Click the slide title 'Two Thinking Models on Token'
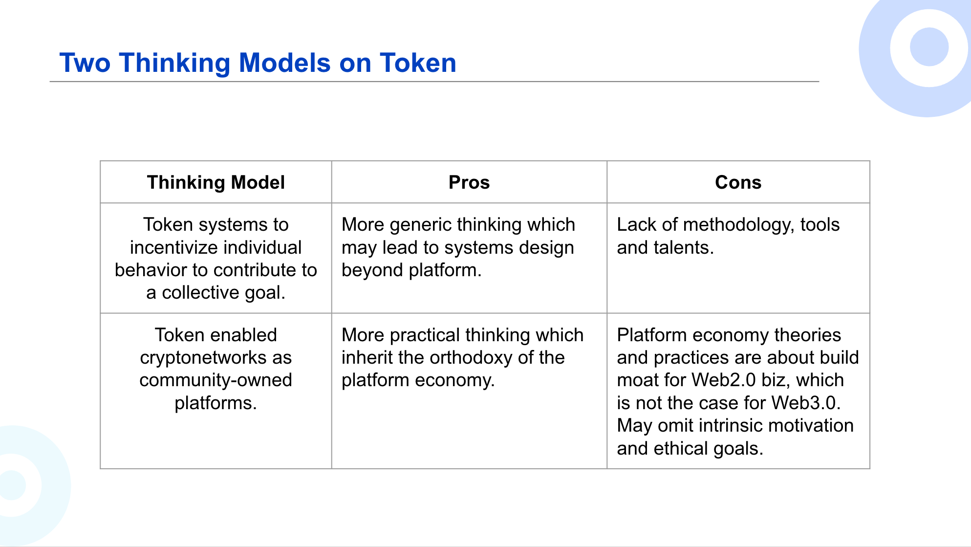pyautogui.click(x=258, y=63)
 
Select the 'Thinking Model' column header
pyautogui.click(x=216, y=182)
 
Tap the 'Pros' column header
pyautogui.click(x=469, y=182)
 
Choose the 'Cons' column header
pyautogui.click(x=738, y=182)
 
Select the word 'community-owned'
pyautogui.click(x=216, y=380)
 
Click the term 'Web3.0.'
pyautogui.click(x=806, y=403)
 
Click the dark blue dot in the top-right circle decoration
pyautogui.click(x=929, y=47)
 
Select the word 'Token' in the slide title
pyautogui.click(x=418, y=63)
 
